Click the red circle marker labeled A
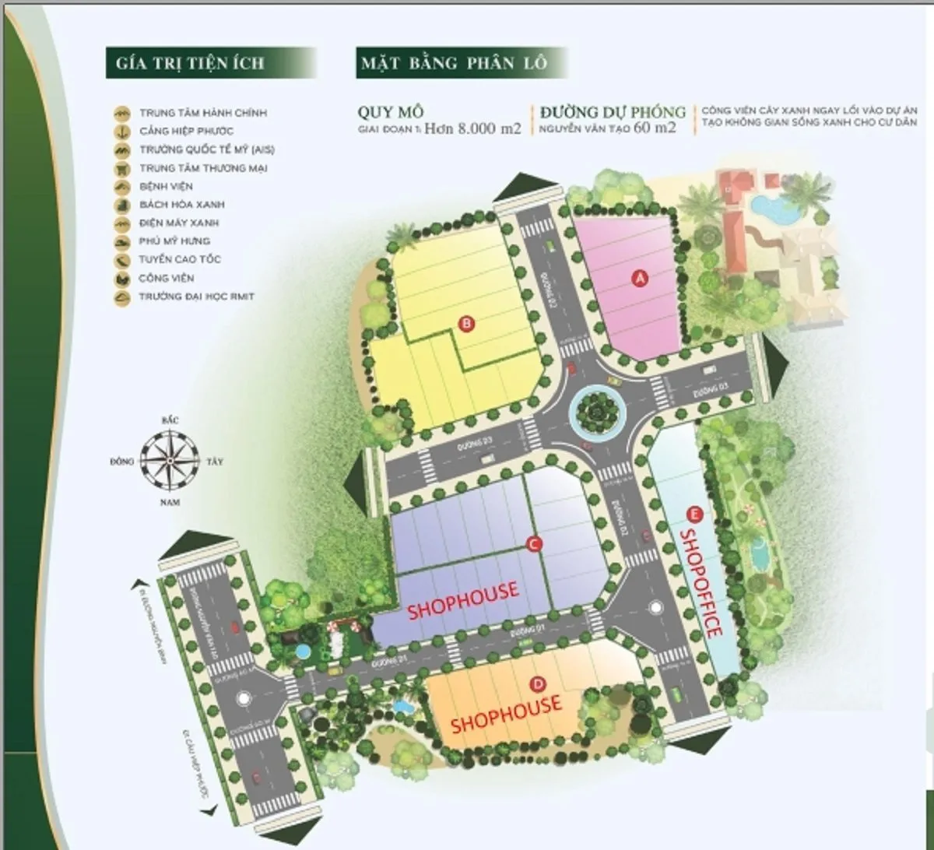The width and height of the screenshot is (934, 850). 640,277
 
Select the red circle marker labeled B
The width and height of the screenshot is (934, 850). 465,325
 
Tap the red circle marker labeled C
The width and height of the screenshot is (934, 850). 534,545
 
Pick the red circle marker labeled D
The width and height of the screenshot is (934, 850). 537,684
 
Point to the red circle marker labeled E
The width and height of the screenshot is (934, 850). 694,514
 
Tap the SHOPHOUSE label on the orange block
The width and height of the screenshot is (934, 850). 506,715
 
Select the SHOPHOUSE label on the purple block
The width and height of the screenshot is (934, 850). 462,600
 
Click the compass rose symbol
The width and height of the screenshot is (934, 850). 170,461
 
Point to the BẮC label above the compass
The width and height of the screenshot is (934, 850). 170,420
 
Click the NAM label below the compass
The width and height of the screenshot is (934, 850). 170,502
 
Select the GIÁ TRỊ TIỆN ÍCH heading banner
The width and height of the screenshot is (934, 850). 191,63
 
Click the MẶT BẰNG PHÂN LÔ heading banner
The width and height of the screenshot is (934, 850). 454,63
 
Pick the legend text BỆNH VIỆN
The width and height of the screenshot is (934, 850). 166,187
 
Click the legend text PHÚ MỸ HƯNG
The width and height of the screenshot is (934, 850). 174,241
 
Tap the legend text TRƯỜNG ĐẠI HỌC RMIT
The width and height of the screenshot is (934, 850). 196,297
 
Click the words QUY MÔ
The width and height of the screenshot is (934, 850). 391,112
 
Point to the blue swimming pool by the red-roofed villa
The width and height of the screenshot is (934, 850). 769,207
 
